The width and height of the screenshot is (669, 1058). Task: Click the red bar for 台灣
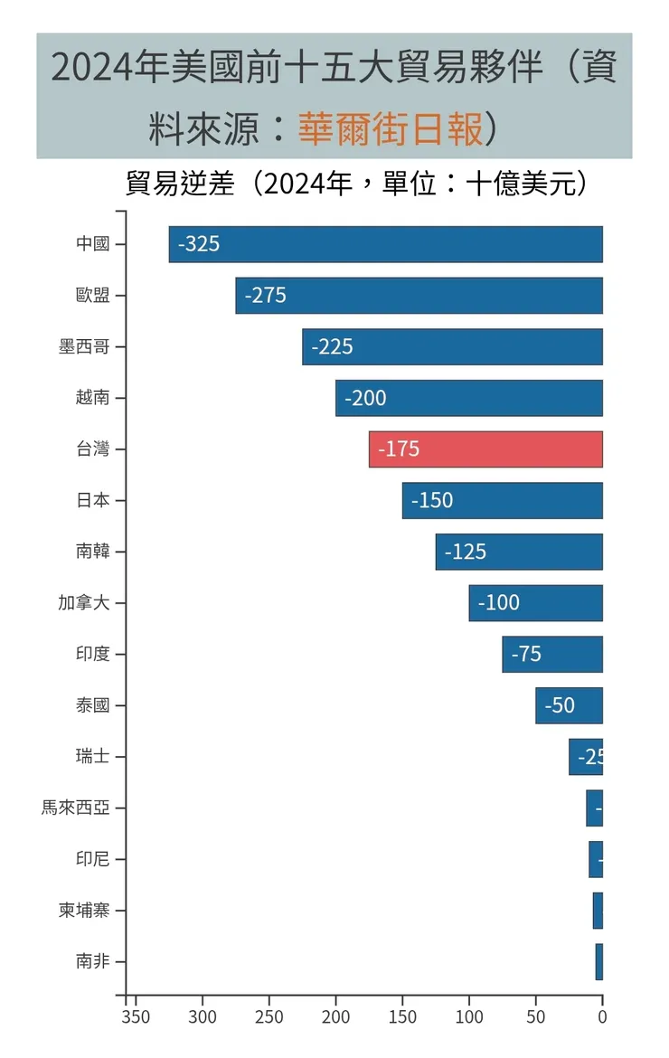coord(485,449)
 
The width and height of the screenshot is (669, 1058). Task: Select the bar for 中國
coord(385,244)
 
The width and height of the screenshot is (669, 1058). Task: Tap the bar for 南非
coord(598,961)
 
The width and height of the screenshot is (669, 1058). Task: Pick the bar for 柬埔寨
coord(598,911)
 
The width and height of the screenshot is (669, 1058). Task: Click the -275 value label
coord(265,296)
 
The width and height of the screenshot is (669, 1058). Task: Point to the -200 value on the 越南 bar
coord(365,398)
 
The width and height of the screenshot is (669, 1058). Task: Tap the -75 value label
coord(526,654)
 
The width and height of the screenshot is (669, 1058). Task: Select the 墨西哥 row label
coord(84,347)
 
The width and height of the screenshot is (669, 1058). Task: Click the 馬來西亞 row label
coord(75,808)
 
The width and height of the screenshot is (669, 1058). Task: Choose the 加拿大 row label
coord(84,603)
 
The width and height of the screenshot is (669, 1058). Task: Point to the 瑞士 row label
coord(93,757)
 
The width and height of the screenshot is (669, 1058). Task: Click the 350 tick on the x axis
coord(136,1017)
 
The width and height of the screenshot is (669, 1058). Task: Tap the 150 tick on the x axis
coord(403,1017)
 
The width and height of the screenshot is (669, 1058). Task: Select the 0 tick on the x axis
coord(602,1017)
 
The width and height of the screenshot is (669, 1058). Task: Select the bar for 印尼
coord(596,859)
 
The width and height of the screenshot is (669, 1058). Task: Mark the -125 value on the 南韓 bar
coord(466,552)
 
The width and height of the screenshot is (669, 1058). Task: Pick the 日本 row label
coord(93,500)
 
